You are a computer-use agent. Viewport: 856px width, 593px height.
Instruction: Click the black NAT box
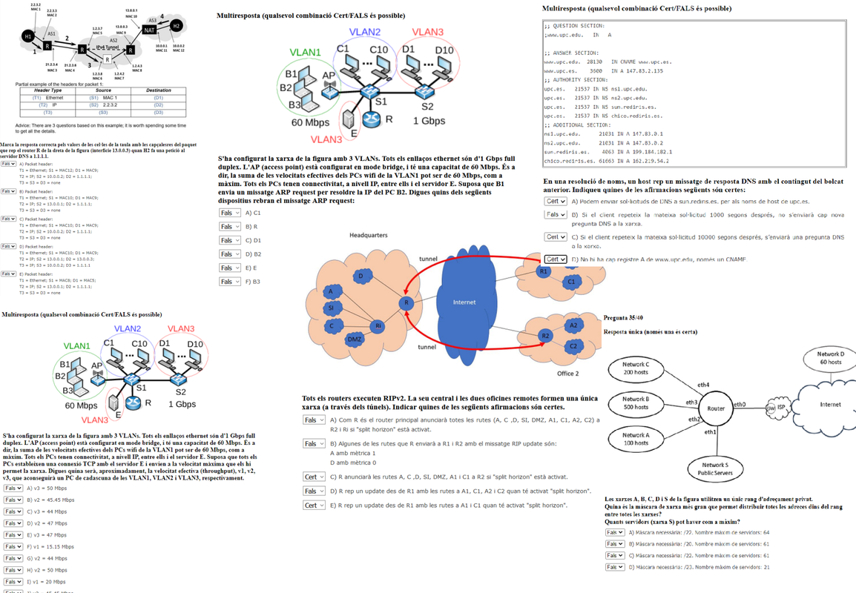(x=148, y=30)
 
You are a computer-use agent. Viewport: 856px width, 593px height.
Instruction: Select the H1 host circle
(x=27, y=36)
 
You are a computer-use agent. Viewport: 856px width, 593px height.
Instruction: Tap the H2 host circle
(x=176, y=26)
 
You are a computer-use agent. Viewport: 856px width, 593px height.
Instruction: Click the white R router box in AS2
(x=108, y=59)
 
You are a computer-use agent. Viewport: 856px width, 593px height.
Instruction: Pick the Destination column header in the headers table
(x=158, y=90)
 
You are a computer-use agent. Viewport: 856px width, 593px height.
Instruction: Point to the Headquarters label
(x=368, y=235)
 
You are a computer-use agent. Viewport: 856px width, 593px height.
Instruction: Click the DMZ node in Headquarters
(x=355, y=339)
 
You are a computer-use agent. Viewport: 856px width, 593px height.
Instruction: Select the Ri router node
(x=378, y=326)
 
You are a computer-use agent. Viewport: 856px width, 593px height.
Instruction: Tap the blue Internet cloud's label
(x=464, y=302)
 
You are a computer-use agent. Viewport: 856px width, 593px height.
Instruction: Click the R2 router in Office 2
(x=545, y=336)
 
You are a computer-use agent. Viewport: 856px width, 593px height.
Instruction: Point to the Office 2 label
(x=567, y=373)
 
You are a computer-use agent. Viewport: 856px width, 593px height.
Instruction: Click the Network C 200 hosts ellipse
(x=636, y=368)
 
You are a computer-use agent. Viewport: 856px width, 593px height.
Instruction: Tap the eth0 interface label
(x=740, y=404)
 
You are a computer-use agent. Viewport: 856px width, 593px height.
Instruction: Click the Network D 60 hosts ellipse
(x=829, y=358)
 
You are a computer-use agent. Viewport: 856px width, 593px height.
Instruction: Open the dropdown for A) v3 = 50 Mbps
(x=13, y=489)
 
